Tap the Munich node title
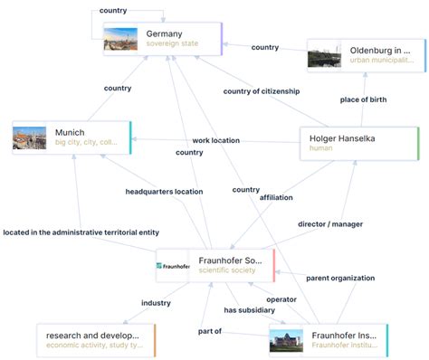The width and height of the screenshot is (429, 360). tap(70, 132)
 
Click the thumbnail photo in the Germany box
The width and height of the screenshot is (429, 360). tap(121, 39)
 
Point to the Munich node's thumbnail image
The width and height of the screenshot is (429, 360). tap(30, 137)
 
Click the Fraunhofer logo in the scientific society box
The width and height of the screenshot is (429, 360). tap(172, 266)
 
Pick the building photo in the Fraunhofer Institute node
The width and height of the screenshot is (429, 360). tap(289, 341)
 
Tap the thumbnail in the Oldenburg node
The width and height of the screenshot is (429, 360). tap(324, 56)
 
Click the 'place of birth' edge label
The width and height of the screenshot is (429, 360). tap(363, 99)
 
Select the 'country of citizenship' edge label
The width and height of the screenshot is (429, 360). tap(262, 90)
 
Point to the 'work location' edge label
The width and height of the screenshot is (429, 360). tap(215, 140)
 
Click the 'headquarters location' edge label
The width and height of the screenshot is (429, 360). tap(164, 192)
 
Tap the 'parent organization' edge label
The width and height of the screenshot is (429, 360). tap(339, 278)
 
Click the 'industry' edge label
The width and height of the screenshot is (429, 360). tap(155, 303)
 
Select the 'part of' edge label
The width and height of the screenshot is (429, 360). tap(210, 331)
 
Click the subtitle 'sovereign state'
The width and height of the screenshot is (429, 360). tap(173, 44)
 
